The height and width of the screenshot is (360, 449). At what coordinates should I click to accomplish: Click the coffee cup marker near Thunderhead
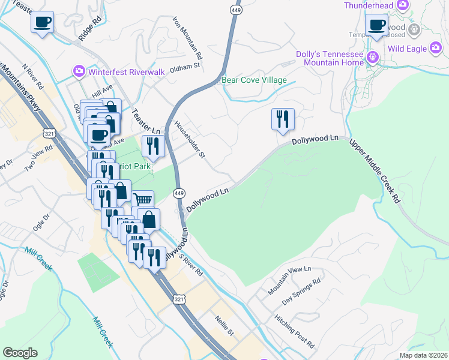(x=378, y=26)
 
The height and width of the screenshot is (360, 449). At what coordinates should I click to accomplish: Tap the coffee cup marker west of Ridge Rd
(x=42, y=23)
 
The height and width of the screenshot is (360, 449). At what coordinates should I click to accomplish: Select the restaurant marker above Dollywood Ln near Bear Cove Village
(x=282, y=118)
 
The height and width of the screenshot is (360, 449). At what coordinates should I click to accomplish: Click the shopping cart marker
(x=143, y=200)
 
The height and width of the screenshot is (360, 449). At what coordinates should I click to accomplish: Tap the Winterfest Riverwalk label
(x=118, y=72)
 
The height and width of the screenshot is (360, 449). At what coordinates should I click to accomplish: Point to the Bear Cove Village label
(x=254, y=80)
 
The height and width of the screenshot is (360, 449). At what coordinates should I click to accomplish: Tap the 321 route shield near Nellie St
(x=179, y=299)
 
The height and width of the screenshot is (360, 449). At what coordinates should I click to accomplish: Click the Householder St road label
(x=190, y=140)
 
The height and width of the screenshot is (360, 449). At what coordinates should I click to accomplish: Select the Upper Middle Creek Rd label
(x=375, y=170)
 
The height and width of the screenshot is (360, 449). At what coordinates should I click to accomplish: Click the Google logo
(x=20, y=353)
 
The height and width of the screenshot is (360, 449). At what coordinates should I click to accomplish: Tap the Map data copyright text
(x=423, y=355)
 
